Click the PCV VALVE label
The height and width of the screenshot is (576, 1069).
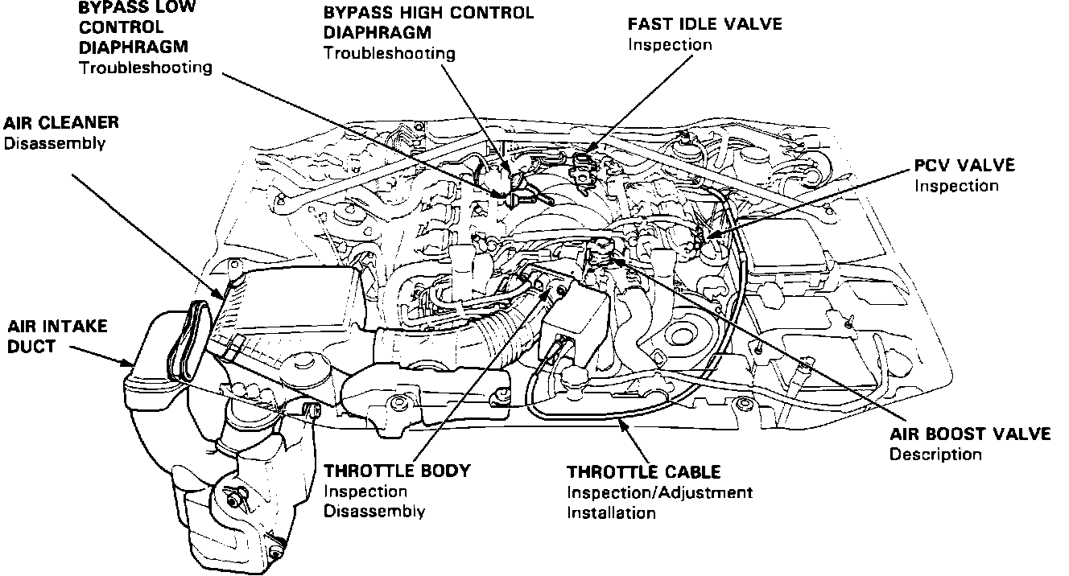click(x=964, y=165)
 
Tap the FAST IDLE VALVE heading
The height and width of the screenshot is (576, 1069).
click(x=704, y=24)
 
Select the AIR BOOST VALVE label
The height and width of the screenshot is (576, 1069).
click(x=970, y=434)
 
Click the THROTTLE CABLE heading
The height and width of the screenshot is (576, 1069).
click(x=643, y=471)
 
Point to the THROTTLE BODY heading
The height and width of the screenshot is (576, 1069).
click(x=396, y=471)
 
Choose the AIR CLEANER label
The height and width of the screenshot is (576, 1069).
click(x=61, y=123)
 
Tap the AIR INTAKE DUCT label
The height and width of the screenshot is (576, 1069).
click(x=56, y=337)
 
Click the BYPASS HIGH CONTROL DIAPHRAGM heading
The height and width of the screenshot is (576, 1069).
click(x=427, y=23)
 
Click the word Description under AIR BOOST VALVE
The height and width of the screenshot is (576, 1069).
click(x=935, y=455)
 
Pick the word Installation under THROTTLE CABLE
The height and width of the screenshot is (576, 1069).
click(x=611, y=512)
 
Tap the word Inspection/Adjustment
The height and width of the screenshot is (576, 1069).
click(x=659, y=492)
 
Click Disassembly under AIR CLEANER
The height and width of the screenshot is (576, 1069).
click(x=55, y=143)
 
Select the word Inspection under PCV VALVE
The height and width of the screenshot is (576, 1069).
click(x=956, y=185)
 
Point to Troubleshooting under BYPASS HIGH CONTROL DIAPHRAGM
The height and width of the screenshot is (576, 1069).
click(x=389, y=54)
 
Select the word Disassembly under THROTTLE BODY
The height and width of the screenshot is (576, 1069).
click(x=374, y=511)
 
